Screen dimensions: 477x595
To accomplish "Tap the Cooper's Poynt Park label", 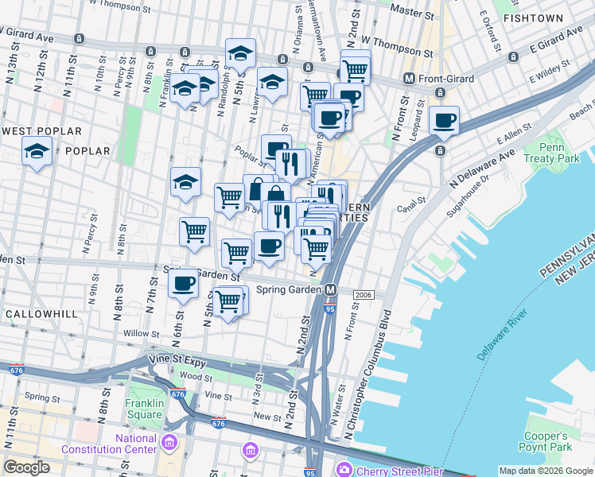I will click(546, 441).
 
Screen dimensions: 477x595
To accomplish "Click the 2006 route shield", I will click(364, 294).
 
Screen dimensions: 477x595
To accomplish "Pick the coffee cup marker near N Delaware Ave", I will click(445, 121).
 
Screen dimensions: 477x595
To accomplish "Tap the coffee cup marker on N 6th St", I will click(184, 282).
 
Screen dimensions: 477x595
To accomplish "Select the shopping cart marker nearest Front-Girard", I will click(356, 70).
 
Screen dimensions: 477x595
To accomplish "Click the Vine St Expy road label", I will click(174, 361).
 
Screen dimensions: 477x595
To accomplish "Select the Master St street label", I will click(411, 12).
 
